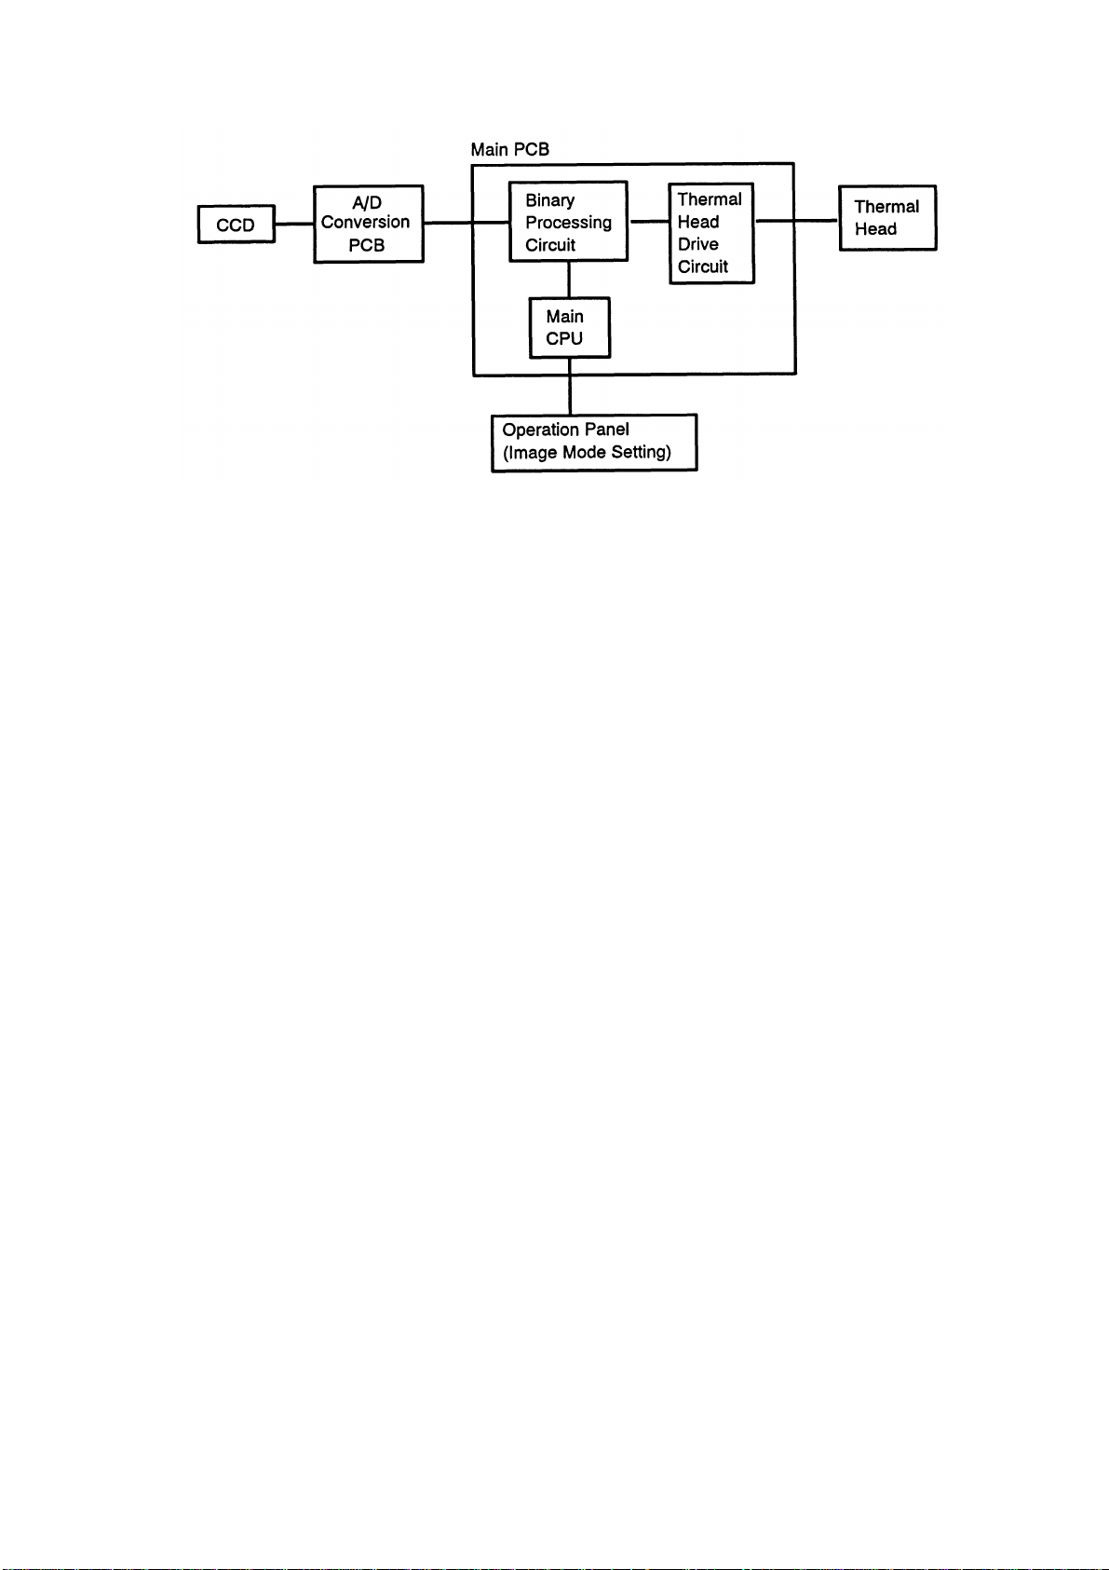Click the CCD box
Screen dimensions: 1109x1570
[236, 225]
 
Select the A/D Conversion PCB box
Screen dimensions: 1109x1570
[368, 224]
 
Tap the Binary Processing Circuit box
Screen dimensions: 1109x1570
[568, 222]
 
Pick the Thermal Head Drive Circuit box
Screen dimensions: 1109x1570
[711, 233]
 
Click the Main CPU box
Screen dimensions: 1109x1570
[569, 327]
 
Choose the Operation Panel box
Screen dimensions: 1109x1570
[594, 442]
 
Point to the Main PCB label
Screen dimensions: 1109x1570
[509, 149]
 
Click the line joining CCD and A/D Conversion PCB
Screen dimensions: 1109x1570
[294, 224]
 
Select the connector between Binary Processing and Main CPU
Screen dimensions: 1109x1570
[569, 280]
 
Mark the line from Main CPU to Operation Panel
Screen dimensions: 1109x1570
[570, 386]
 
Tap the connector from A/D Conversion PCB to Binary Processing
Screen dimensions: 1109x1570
[466, 223]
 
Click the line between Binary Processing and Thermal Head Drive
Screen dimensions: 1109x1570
[649, 222]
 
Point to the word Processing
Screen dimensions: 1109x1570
[568, 223]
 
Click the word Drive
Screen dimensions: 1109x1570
[698, 244]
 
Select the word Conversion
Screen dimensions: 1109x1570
[365, 223]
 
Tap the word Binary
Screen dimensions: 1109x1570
[549, 200]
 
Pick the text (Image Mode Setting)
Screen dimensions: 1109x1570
[587, 453]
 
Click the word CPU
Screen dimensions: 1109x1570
[564, 339]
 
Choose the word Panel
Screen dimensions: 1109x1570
[606, 430]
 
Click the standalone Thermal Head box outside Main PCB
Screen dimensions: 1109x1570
[887, 218]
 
